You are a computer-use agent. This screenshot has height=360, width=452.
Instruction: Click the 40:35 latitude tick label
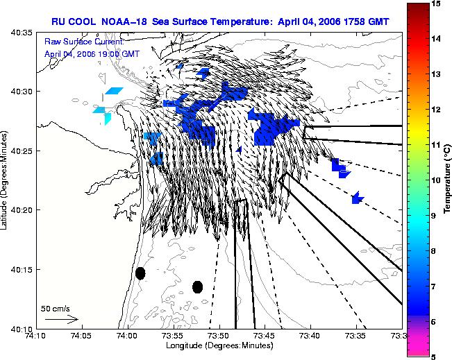pos(21,33)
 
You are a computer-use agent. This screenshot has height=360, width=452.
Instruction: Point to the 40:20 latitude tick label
pos(21,210)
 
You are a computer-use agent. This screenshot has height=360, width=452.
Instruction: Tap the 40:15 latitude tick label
pos(21,270)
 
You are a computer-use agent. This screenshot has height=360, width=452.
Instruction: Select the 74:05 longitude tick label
pos(83,336)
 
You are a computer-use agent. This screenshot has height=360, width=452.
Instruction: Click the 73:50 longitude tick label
pos(219,336)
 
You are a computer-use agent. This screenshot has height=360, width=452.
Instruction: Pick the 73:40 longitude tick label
pos(311,336)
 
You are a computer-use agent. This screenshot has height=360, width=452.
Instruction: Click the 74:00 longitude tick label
pos(128,336)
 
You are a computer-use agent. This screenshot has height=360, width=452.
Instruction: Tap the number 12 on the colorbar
pos(436,110)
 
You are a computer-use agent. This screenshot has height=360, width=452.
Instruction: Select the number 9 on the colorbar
pos(434,216)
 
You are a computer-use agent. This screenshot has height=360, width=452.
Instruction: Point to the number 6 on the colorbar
pos(434,322)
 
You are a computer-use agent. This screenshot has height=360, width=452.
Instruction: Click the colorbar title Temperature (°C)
pos(447,180)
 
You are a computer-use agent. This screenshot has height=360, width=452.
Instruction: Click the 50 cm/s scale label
pos(56,309)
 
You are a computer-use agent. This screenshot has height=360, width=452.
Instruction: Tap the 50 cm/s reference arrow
pos(62,319)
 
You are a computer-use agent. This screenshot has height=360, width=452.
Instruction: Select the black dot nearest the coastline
pos(140,273)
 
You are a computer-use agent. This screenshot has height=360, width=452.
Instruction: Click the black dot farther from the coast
pos(197,287)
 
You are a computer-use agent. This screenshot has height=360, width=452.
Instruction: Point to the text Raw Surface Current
pos(84,42)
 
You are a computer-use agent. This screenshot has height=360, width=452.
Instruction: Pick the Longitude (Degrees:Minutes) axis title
pos(219,345)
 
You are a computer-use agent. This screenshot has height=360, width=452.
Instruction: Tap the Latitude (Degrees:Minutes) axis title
pos(4,180)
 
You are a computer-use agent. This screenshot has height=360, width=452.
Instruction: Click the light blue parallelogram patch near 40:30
pos(114,91)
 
